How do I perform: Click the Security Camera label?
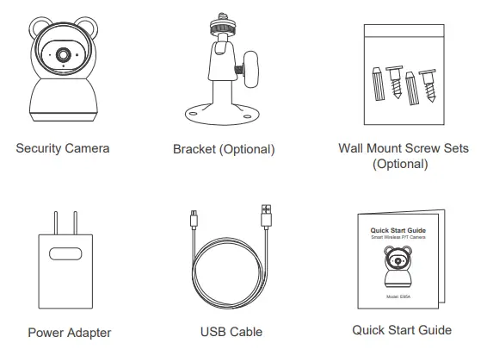click(63, 148)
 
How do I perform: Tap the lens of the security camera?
click(65, 54)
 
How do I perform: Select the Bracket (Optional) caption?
click(224, 149)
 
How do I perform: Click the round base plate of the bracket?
click(223, 114)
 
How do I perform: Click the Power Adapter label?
click(70, 332)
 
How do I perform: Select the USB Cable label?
click(231, 332)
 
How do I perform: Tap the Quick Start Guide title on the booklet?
click(398, 231)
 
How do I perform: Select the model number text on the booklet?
click(398, 296)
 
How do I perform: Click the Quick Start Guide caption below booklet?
click(402, 330)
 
